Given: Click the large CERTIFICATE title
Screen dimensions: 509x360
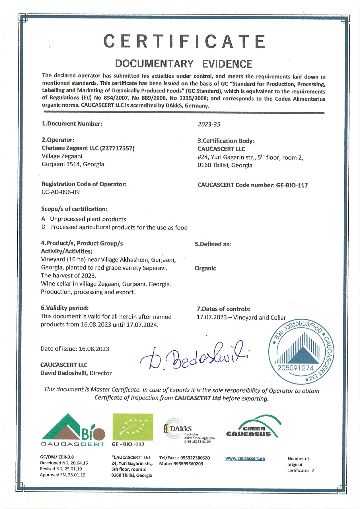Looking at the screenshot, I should [x=184, y=42].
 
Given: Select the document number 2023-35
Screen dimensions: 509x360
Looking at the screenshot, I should [x=209, y=124].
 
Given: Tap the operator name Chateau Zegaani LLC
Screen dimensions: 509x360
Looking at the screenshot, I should [x=70, y=148].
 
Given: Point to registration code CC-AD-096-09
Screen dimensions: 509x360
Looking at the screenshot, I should [x=60, y=192].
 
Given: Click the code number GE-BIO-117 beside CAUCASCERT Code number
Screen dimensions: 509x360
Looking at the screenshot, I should [x=292, y=185].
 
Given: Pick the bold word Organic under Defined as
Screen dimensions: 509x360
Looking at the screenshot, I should [x=205, y=268].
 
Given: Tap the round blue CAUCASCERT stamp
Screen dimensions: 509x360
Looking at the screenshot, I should [x=301, y=354].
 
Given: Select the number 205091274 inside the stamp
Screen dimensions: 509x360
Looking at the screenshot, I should [x=295, y=368].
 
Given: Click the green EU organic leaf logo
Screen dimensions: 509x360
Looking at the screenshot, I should [x=133, y=427].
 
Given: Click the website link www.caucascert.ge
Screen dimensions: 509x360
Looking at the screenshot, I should [x=245, y=458].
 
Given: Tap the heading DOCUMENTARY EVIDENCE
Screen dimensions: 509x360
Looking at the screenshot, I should [x=184, y=64].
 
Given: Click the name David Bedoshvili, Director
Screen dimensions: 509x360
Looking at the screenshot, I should [x=76, y=373].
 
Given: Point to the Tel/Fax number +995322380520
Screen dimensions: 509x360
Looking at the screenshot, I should [x=193, y=458].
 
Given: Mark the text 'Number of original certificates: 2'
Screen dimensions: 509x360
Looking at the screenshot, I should [x=300, y=464].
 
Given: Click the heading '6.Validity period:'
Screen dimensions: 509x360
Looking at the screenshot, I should [x=65, y=308].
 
